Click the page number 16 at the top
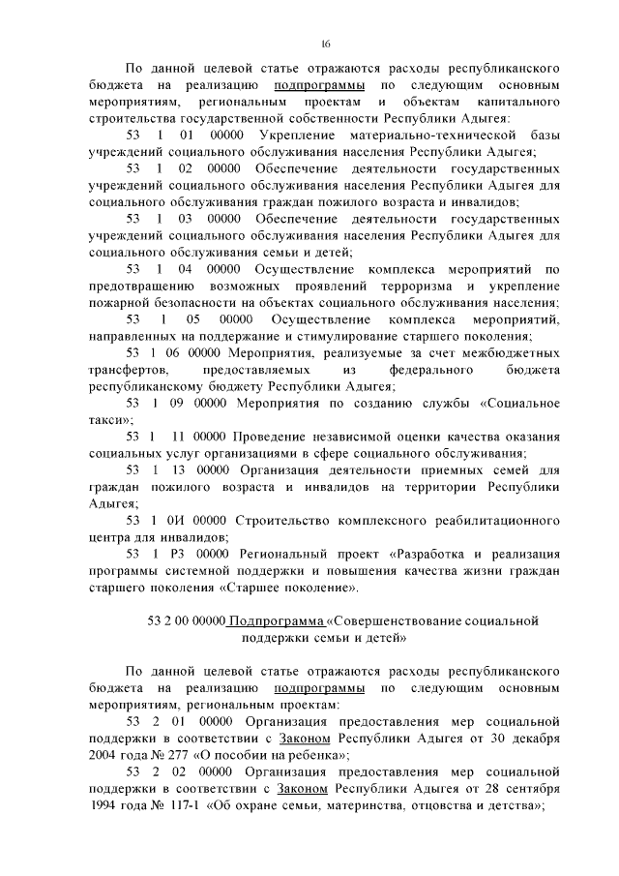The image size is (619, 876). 326,43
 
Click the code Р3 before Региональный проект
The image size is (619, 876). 175,554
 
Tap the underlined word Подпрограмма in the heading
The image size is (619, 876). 271,620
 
